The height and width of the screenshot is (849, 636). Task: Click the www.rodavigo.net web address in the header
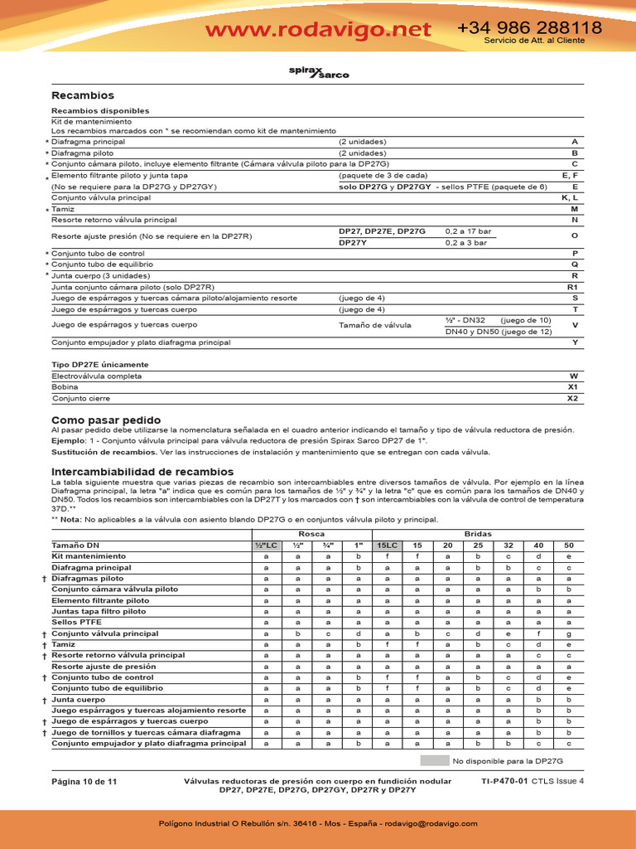[318, 30]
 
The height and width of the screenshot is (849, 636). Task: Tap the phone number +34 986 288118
[530, 27]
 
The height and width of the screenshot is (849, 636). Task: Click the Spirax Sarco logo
[318, 73]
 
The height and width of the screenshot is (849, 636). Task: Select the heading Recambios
[83, 95]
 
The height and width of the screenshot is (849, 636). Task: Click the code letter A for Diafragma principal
[575, 142]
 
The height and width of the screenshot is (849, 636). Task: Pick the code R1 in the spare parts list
[571, 286]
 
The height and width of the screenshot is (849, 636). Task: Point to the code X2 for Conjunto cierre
[571, 398]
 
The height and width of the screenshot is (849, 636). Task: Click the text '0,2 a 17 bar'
[468, 230]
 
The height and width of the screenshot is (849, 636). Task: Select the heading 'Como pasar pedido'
[106, 420]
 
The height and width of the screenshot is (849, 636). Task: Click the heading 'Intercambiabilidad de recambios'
[142, 471]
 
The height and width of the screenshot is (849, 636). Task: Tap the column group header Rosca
[311, 535]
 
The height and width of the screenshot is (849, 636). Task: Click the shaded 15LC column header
[387, 545]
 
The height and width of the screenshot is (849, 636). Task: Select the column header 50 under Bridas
[568, 545]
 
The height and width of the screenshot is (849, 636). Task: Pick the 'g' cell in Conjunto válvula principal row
[568, 633]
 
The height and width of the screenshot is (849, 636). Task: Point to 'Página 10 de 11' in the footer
[84, 782]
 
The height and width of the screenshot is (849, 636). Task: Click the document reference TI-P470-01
[504, 781]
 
